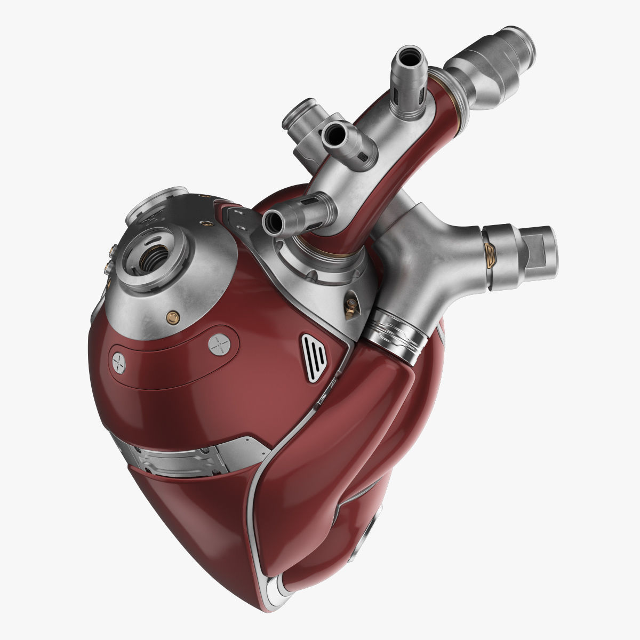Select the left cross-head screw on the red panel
(x=119, y=364)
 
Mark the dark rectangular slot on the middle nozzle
(x=364, y=156)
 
